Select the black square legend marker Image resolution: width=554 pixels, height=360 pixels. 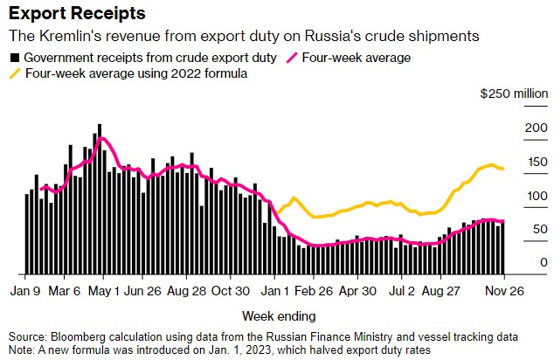14,58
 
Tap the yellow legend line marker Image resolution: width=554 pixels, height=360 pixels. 14,74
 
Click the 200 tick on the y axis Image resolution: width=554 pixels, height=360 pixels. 534,128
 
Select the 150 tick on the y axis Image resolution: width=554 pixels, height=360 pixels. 534,162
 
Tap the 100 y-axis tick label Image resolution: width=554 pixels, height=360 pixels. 534,196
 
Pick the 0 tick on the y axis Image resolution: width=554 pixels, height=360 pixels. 543,263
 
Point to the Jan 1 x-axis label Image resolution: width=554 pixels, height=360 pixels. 279,290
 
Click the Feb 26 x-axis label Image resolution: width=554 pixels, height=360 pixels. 314,290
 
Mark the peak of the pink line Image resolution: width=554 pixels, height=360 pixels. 103,138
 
